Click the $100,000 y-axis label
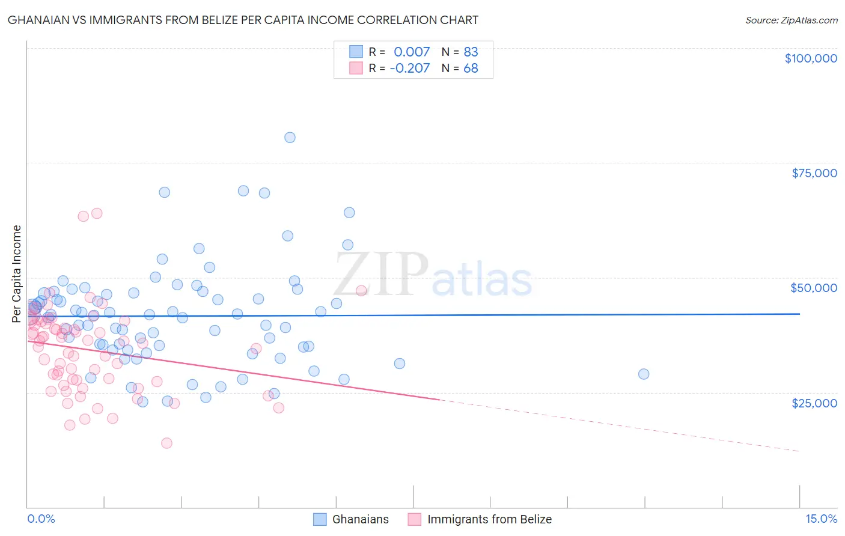pyautogui.click(x=811, y=58)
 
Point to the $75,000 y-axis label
pyautogui.click(x=814, y=173)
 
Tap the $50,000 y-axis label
pyautogui.click(x=814, y=288)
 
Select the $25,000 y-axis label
pyautogui.click(x=814, y=403)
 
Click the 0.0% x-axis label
pyautogui.click(x=41, y=519)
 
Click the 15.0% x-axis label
pyautogui.click(x=821, y=519)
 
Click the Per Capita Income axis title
pyautogui.click(x=17, y=273)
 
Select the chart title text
pyautogui.click(x=243, y=20)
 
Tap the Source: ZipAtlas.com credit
pyautogui.click(x=791, y=20)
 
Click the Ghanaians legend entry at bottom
pyautogui.click(x=361, y=519)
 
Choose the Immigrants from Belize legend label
pyautogui.click(x=489, y=519)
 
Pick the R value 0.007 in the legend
pyautogui.click(x=412, y=52)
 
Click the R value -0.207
pyautogui.click(x=410, y=68)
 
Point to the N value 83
pyautogui.click(x=471, y=52)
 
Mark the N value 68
pyautogui.click(x=471, y=68)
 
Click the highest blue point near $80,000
pyautogui.click(x=290, y=138)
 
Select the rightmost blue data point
pyautogui.click(x=644, y=374)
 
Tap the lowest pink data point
pyautogui.click(x=166, y=443)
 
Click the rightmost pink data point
pyautogui.click(x=361, y=290)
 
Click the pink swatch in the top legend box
pyautogui.click(x=356, y=68)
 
